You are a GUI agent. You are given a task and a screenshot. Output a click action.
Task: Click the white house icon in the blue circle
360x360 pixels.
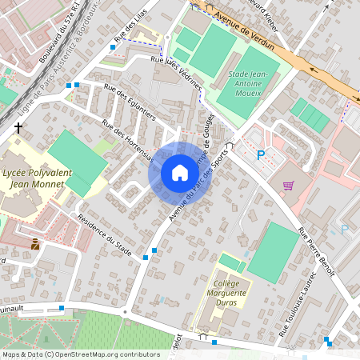point(179,173)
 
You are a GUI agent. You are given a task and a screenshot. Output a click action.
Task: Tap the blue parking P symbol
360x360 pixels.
point(261,154)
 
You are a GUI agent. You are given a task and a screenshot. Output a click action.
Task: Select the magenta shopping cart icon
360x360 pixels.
point(287,185)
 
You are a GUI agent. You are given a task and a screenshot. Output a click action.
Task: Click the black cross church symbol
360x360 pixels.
point(18,127)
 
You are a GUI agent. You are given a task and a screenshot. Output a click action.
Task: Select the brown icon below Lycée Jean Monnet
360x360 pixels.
point(35,242)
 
